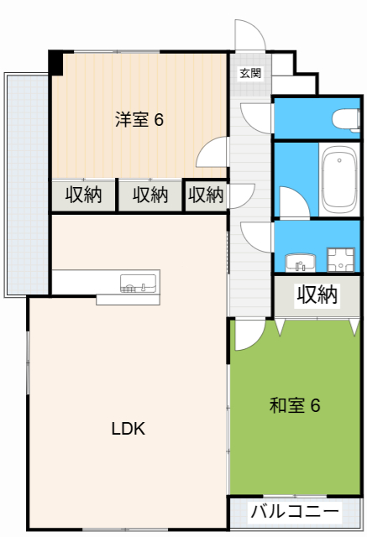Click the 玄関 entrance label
250,73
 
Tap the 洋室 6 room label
139,120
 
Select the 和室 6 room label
295,406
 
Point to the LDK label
129,429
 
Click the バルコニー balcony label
295,512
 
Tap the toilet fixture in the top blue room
345,117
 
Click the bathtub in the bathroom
339,180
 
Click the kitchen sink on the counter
138,284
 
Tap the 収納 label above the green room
317,295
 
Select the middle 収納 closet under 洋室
149,196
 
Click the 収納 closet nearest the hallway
206,196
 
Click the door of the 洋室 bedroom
212,154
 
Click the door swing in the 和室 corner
248,335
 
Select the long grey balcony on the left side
16,185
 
